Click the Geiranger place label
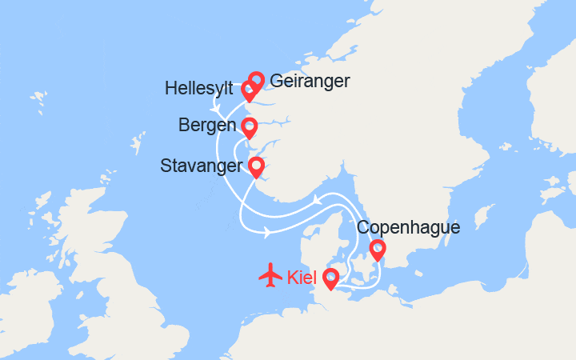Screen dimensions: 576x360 click(x=310, y=81)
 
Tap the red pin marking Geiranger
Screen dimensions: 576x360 click(x=256, y=80)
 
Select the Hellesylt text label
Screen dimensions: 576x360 click(x=199, y=89)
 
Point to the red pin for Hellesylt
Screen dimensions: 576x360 click(x=249, y=91)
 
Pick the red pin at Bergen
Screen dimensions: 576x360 click(x=249, y=127)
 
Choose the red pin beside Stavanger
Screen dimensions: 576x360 click(x=256, y=167)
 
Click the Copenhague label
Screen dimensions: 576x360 click(x=409, y=227)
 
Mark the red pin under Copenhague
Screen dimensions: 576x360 click(x=377, y=250)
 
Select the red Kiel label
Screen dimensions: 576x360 click(x=302, y=277)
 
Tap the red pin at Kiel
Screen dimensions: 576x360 click(x=329, y=277)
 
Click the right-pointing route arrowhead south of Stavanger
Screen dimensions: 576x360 click(x=266, y=233)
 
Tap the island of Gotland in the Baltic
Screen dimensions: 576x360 click(x=482, y=216)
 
